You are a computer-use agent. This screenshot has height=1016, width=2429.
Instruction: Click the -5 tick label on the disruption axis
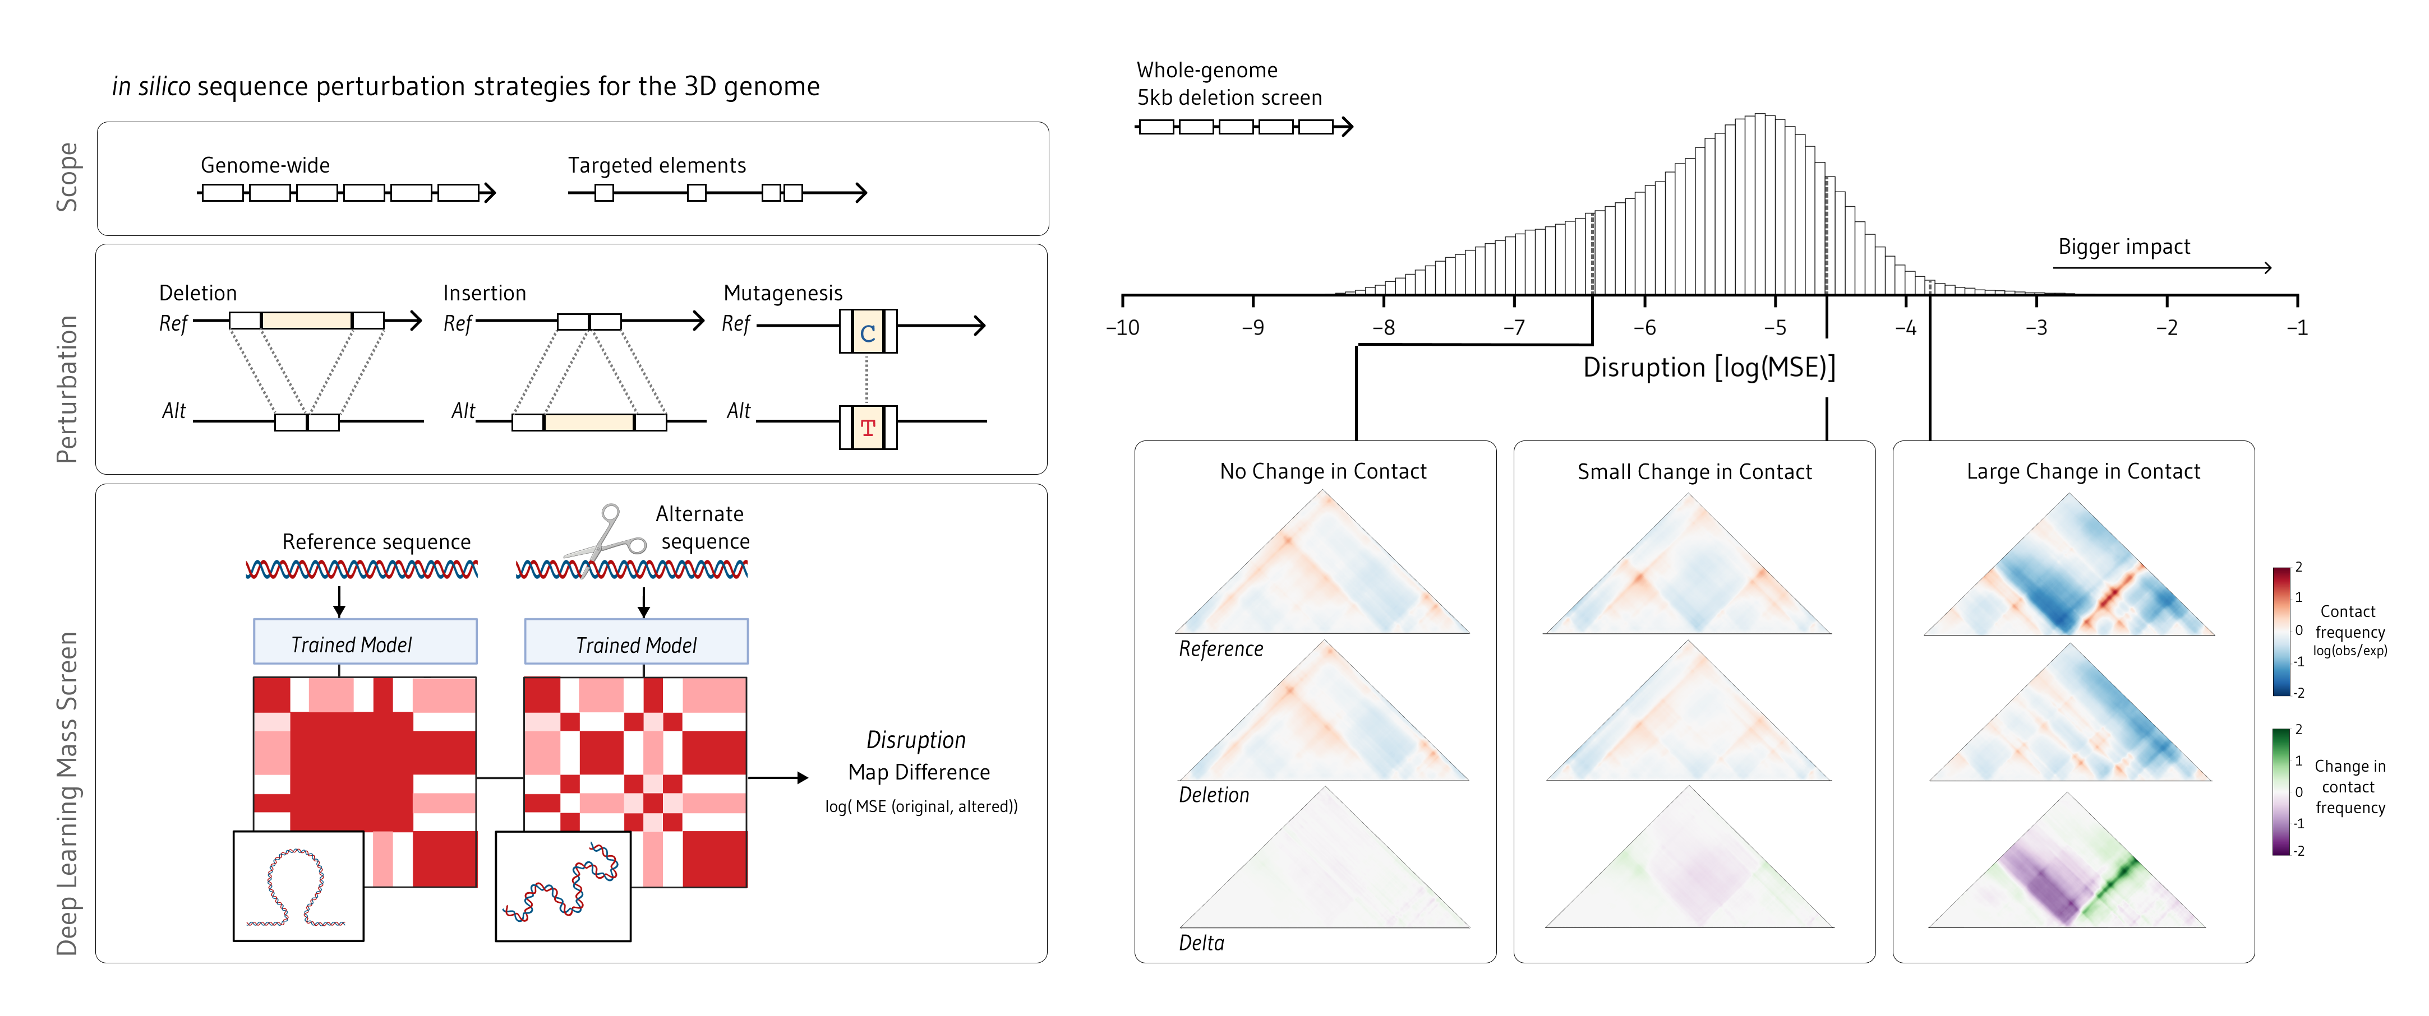click(1774, 328)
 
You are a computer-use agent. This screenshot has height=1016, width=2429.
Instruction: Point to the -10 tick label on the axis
click(1122, 328)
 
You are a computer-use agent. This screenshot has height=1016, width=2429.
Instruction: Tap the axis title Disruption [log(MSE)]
click(1708, 368)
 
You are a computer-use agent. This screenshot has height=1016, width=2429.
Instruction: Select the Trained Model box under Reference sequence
click(365, 643)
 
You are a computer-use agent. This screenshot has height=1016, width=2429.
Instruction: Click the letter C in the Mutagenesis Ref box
click(868, 333)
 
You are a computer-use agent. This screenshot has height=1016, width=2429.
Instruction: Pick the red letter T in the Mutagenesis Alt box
click(868, 428)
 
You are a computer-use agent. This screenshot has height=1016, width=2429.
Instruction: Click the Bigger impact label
click(2123, 247)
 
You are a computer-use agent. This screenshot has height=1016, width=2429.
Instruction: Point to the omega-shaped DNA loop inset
click(298, 886)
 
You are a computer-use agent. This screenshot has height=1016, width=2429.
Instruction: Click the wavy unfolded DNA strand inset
click(563, 886)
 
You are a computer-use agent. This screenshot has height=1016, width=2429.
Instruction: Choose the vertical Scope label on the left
click(67, 177)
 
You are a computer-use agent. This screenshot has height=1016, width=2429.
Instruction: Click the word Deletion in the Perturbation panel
click(198, 293)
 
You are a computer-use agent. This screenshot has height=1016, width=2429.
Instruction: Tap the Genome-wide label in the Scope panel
click(265, 166)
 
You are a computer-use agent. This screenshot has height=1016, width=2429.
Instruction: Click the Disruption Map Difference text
click(918, 757)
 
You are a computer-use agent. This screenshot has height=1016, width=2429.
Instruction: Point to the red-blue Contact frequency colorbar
click(2281, 632)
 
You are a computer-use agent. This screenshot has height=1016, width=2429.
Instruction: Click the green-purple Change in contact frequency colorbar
click(2281, 792)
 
